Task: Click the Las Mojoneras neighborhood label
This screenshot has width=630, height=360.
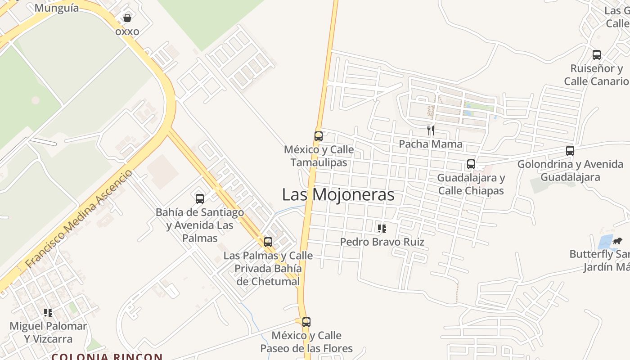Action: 338,195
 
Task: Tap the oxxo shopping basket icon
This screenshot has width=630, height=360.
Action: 127,18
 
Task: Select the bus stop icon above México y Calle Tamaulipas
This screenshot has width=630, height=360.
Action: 318,136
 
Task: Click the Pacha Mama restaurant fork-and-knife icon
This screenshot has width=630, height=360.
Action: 431,130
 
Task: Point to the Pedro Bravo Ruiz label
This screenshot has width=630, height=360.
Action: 382,242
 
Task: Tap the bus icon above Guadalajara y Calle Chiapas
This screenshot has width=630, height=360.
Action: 471,164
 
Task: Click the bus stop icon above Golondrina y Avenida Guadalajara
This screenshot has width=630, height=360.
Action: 570,151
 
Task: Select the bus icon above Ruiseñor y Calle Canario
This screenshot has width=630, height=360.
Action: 597,55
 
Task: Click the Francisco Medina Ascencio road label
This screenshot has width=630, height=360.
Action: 79,219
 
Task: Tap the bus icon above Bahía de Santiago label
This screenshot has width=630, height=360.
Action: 200,198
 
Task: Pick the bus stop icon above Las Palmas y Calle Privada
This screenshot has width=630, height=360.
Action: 268,242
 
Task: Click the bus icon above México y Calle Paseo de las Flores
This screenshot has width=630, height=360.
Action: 306,322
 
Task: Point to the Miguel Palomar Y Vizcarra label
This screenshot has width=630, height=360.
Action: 48,332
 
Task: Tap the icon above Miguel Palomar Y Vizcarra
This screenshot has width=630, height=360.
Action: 48,312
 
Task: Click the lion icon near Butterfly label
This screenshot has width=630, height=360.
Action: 617,241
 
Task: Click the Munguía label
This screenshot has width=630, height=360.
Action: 56,8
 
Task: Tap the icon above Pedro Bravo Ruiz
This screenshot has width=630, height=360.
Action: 382,229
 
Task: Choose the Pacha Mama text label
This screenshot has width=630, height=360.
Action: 431,144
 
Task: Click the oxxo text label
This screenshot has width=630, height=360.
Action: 127,31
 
